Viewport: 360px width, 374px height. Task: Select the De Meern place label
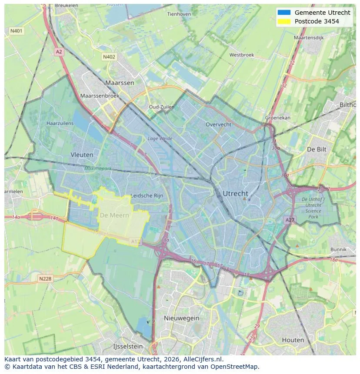pyautogui.click(x=114, y=215)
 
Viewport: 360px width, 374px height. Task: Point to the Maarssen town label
pyautogui.click(x=120, y=83)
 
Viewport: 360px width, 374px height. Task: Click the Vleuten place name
pyautogui.click(x=82, y=155)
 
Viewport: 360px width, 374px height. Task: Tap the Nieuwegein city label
pyautogui.click(x=181, y=318)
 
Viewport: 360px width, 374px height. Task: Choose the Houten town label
pyautogui.click(x=293, y=340)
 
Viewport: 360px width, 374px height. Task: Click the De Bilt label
pyautogui.click(x=317, y=149)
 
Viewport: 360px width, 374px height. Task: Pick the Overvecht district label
pyautogui.click(x=218, y=124)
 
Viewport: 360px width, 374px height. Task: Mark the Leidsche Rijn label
pyautogui.click(x=147, y=196)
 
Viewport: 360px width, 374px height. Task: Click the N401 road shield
pyautogui.click(x=16, y=31)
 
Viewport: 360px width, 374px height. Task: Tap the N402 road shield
pyautogui.click(x=109, y=57)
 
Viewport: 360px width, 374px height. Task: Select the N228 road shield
pyautogui.click(x=45, y=278)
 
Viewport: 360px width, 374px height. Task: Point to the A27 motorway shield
pyautogui.click(x=290, y=220)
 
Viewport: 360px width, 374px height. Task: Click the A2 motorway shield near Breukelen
pyautogui.click(x=59, y=52)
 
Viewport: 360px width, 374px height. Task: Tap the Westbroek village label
pyautogui.click(x=241, y=55)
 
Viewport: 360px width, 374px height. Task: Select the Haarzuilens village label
pyautogui.click(x=60, y=123)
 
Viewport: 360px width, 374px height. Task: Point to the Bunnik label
pyautogui.click(x=338, y=249)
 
